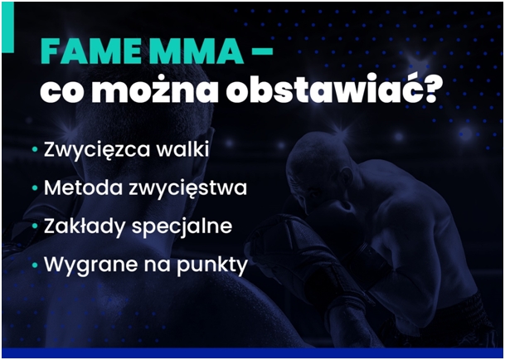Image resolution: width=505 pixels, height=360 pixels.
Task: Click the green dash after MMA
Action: pyautogui.click(x=262, y=50)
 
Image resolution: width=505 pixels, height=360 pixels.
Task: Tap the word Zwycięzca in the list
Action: pyautogui.click(x=97, y=150)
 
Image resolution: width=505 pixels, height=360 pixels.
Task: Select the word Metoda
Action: pyautogui.click(x=83, y=187)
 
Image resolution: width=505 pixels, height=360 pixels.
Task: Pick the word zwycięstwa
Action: pyautogui.click(x=187, y=188)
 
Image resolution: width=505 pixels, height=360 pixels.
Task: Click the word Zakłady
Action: pyautogui.click(x=85, y=226)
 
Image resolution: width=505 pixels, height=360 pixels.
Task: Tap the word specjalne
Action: pyautogui.click(x=182, y=226)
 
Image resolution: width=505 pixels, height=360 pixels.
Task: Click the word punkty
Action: pyautogui.click(x=212, y=265)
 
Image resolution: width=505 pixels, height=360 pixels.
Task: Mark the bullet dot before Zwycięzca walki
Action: pyautogui.click(x=35, y=149)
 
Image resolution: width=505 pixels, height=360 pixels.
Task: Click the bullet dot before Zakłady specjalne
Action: pyautogui.click(x=35, y=226)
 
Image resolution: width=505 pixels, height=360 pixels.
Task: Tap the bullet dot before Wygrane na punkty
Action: pyautogui.click(x=35, y=265)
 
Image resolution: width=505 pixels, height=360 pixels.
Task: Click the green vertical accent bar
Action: pyautogui.click(x=7, y=27)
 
